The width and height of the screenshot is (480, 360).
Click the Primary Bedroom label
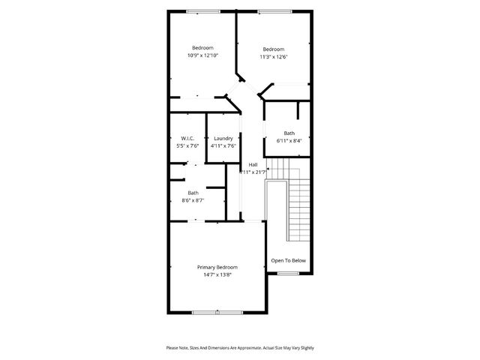click(217, 268)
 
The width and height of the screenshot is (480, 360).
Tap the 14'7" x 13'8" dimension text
click(217, 275)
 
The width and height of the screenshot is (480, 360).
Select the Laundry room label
click(223, 138)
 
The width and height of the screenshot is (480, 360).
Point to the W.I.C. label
click(188, 138)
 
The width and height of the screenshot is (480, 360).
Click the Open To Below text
click(289, 260)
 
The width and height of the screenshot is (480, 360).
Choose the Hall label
click(253, 164)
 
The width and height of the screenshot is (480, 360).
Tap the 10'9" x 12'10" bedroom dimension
click(202, 55)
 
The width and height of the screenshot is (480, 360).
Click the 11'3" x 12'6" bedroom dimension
click(274, 57)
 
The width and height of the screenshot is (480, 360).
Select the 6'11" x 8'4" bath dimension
click(289, 140)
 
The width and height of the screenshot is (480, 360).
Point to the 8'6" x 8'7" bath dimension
click(193, 200)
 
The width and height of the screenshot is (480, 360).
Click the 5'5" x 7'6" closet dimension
click(188, 145)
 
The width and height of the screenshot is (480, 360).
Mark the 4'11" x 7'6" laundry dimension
click(223, 145)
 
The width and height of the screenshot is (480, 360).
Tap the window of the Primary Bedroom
click(217, 311)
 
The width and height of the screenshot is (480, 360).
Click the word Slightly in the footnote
click(306, 348)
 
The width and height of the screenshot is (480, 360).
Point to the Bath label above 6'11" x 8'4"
click(289, 133)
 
